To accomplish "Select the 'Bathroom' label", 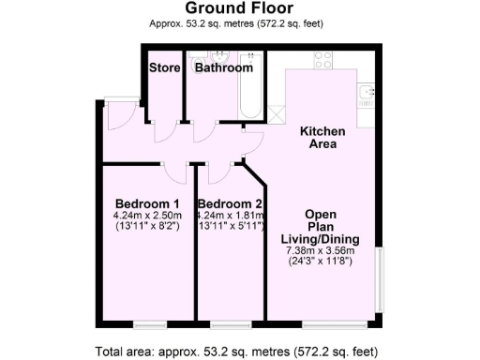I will point(223,67).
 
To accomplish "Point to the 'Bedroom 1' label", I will point(147,203).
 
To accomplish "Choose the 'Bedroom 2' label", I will point(230,203).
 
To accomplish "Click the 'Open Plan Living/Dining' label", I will point(321,225).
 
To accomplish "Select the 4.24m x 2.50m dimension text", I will point(147,215).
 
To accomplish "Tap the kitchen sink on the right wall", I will point(367,95).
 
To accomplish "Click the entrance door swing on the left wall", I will point(115,118).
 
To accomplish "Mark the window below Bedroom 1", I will point(149,323).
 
